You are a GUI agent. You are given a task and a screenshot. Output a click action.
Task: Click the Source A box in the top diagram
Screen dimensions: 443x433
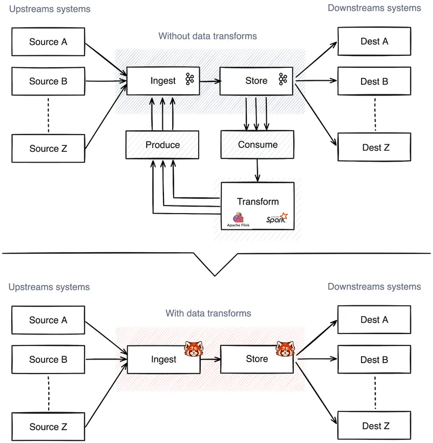click(x=48, y=42)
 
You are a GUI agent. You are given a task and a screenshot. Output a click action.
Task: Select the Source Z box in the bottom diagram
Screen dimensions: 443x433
click(x=48, y=427)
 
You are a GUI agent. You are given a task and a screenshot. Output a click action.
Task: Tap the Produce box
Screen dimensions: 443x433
click(x=162, y=145)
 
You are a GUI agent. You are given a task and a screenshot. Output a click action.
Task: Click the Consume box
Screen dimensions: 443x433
click(x=258, y=145)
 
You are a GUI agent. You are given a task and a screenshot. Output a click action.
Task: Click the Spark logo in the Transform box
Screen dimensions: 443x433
click(x=277, y=220)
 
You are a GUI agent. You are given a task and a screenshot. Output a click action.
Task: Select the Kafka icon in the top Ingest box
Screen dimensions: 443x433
click(x=189, y=80)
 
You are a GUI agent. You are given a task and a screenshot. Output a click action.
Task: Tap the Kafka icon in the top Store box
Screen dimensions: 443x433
click(x=283, y=80)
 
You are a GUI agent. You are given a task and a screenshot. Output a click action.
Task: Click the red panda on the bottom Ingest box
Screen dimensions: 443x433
click(x=193, y=349)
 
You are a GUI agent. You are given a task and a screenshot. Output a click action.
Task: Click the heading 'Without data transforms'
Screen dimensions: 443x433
click(x=207, y=36)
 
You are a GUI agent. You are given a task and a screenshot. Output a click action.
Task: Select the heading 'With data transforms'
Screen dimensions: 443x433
click(x=208, y=313)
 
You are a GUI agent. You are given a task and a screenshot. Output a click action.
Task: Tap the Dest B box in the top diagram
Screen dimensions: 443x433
click(x=374, y=81)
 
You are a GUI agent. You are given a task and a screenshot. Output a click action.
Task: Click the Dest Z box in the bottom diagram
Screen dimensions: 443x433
click(x=374, y=426)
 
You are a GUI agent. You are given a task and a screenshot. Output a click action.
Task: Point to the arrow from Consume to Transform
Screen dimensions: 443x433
click(x=258, y=170)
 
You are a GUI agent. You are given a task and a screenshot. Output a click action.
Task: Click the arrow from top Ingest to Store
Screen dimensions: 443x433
click(x=210, y=81)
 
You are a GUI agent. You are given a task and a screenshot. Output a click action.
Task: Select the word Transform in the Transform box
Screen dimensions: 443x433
click(x=258, y=201)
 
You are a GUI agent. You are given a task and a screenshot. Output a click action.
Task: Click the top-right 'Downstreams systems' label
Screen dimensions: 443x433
click(x=374, y=8)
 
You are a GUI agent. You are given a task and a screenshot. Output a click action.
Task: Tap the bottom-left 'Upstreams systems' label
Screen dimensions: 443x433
click(x=49, y=286)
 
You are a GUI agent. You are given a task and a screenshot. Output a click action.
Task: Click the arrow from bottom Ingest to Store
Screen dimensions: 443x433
click(x=210, y=359)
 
